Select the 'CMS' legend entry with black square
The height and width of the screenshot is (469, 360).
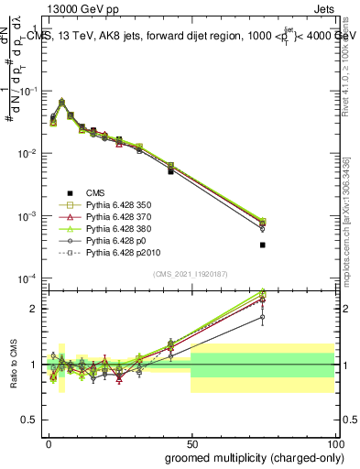click(96, 191)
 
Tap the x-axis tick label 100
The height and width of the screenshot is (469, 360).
click(333, 442)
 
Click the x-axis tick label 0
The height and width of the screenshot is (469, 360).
click(48, 442)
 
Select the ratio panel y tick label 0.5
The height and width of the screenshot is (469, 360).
click(30, 420)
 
